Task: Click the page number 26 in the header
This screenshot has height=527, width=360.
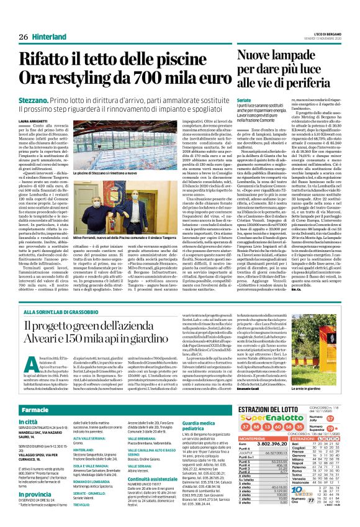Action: click(22, 20)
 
